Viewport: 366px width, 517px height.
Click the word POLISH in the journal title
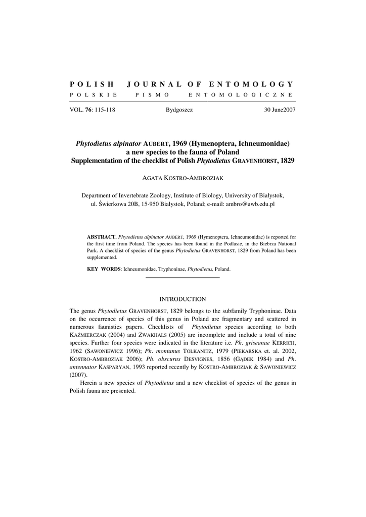coord(91,84)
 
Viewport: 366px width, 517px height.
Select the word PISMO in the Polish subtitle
coord(153,95)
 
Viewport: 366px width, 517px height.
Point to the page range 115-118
coord(104,110)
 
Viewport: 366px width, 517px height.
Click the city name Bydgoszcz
coord(179,110)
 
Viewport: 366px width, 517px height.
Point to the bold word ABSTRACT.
coord(102,236)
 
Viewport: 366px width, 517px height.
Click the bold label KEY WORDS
coord(104,269)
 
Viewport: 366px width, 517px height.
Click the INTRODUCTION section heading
coord(182,299)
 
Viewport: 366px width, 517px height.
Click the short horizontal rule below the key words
coord(182,277)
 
